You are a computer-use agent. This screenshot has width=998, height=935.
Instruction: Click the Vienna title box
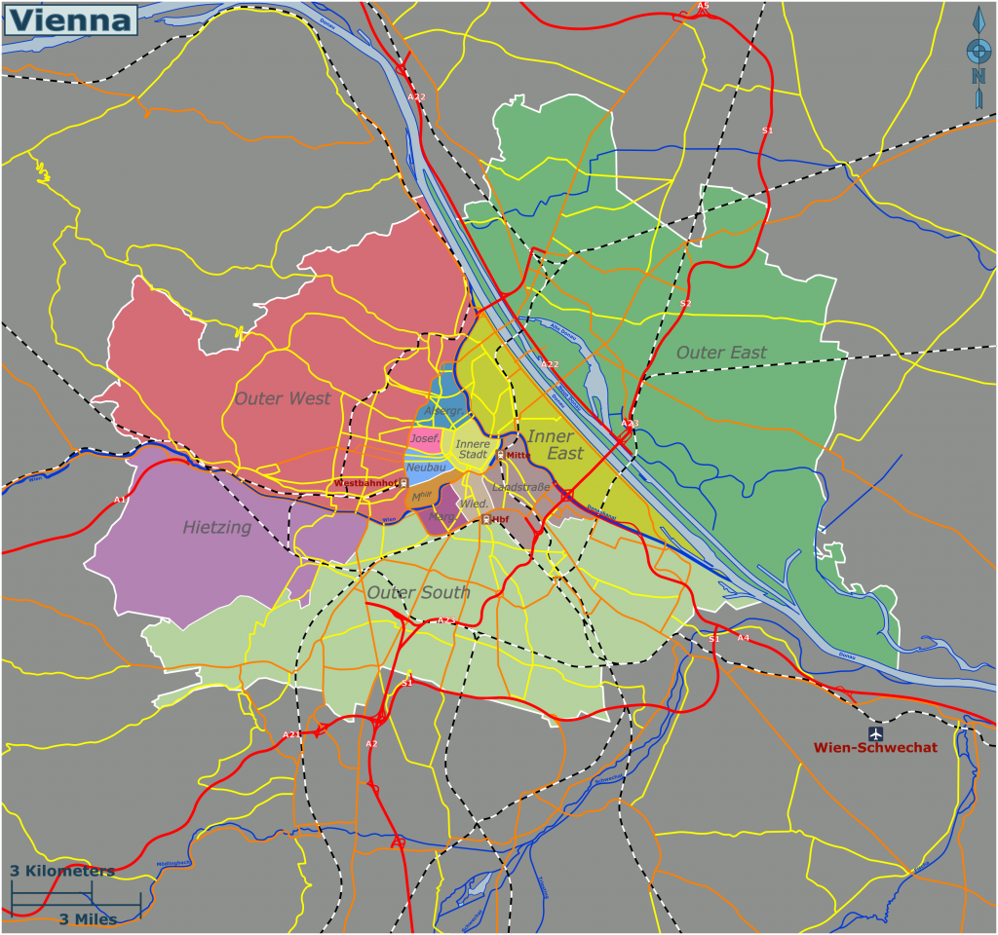point(70,19)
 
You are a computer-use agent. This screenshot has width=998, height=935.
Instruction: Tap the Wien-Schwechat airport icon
point(876,732)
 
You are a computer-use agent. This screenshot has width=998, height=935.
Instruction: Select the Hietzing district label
point(216,528)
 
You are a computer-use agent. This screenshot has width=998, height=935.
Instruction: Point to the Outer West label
point(283,398)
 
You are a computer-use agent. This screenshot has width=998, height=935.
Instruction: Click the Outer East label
point(721,353)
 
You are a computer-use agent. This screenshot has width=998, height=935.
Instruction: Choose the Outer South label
point(418,592)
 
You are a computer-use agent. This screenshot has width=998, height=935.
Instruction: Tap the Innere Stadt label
point(473,449)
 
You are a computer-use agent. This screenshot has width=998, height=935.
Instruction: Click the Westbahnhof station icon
point(404,483)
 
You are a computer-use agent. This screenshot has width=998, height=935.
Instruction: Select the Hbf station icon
point(485,520)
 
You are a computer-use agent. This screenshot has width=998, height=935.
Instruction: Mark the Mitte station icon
point(501,455)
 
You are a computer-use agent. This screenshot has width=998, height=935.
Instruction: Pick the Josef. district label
point(425,439)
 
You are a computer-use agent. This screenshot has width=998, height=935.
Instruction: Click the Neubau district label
point(426,467)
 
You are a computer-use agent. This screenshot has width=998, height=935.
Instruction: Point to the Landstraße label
point(522,487)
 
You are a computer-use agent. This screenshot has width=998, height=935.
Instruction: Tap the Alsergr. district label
point(443,411)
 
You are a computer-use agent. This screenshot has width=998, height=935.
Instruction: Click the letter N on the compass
point(978,76)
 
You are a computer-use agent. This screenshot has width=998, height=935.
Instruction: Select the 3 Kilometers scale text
point(62,871)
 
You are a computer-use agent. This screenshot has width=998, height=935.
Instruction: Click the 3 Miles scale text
point(88,919)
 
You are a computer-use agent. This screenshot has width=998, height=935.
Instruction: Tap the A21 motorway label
point(291,734)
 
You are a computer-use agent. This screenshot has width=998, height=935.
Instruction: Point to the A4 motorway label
point(744,638)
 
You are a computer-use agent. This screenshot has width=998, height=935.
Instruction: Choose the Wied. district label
point(475,504)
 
